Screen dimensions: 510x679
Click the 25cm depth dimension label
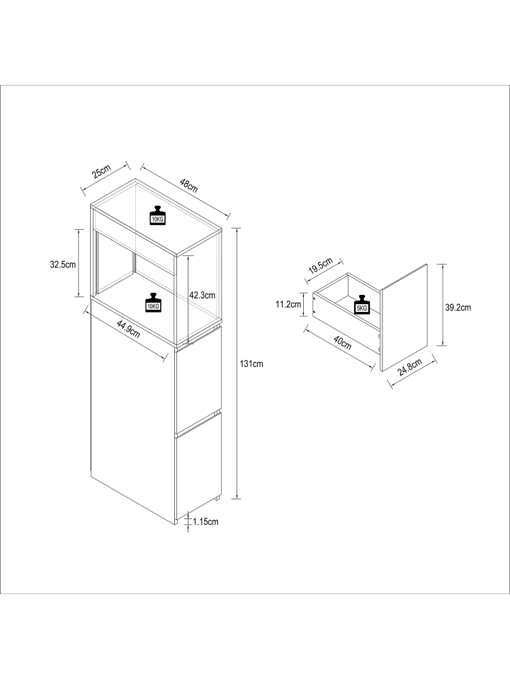click(x=102, y=171)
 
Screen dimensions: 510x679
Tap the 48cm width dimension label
click(x=188, y=185)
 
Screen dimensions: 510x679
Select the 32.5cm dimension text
click(x=63, y=265)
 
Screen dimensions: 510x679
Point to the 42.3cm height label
click(x=202, y=296)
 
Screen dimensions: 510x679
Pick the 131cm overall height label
click(x=251, y=364)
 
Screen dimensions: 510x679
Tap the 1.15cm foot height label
click(x=205, y=522)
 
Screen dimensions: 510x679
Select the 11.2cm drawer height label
click(x=288, y=304)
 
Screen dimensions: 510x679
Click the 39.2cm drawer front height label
click(x=458, y=308)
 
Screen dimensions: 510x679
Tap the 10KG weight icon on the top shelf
click(x=157, y=215)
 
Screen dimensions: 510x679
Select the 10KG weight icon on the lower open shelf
click(x=153, y=303)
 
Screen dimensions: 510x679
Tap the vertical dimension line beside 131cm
click(x=237, y=364)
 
